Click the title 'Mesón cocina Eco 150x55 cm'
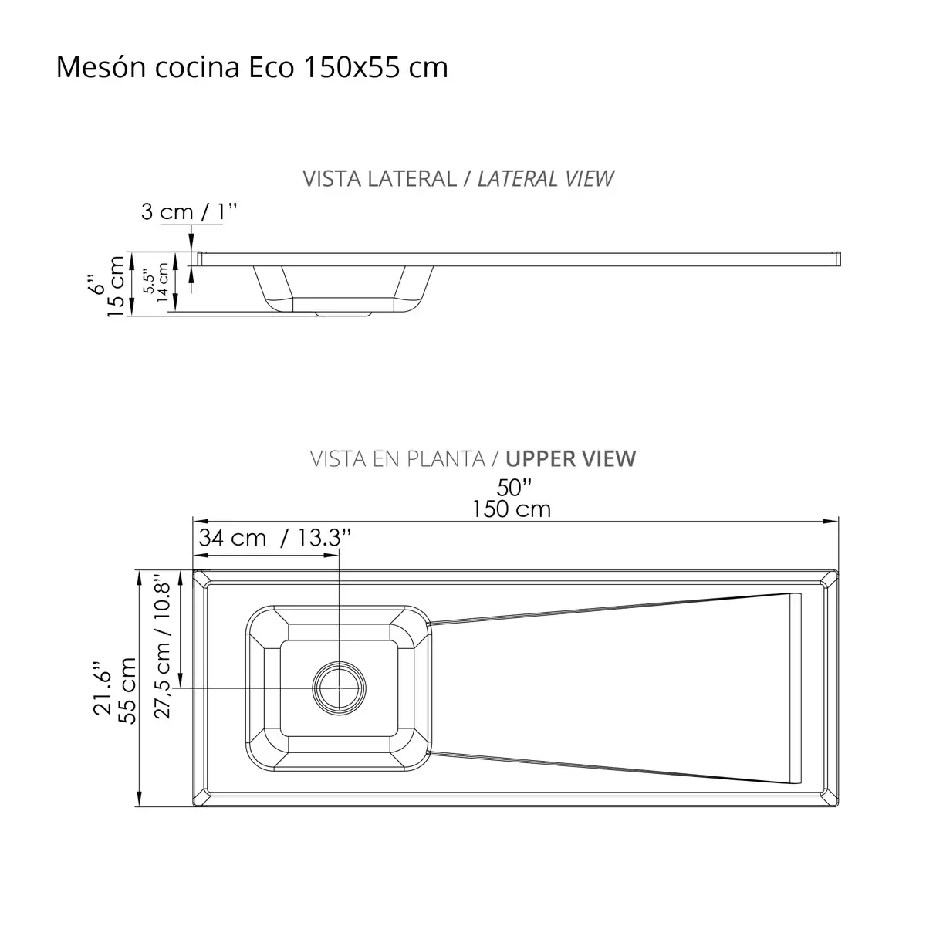click(x=252, y=68)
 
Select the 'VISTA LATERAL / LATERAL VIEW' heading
click(x=458, y=178)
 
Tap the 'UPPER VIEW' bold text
click(x=571, y=458)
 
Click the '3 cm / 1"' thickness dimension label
click(x=182, y=211)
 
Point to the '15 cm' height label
click(x=116, y=286)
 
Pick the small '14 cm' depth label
click(x=163, y=283)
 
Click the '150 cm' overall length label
click(x=512, y=509)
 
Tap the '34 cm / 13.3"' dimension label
click(x=275, y=538)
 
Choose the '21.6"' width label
click(x=103, y=691)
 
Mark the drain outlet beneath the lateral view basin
click(x=344, y=313)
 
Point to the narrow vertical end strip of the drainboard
click(x=795, y=688)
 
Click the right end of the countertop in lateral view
click(x=838, y=259)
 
